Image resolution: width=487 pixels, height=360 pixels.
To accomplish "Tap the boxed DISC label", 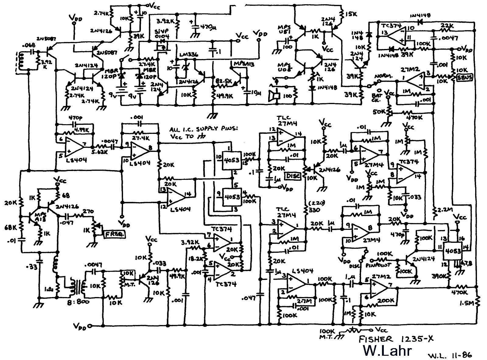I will (x=293, y=176).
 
